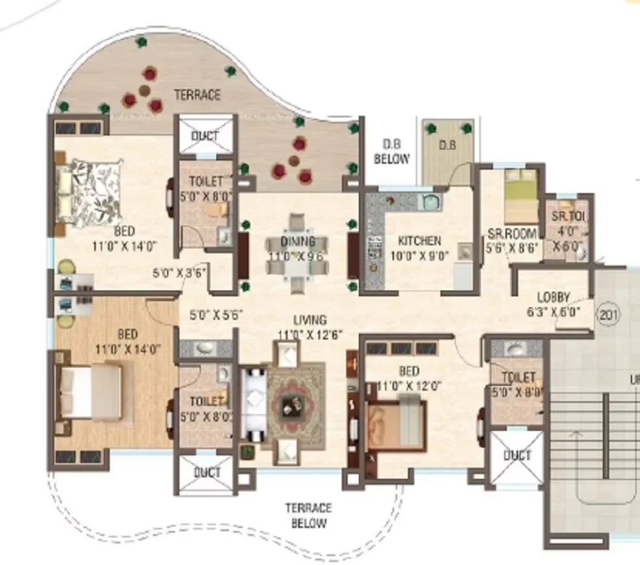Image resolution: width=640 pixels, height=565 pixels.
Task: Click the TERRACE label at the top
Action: point(197,95)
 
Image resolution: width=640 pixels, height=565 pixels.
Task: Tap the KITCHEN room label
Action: point(420,241)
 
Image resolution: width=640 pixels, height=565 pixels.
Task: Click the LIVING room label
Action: point(310,320)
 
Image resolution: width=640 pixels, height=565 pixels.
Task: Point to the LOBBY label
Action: point(548,297)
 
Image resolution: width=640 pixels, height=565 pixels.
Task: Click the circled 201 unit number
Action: point(608,316)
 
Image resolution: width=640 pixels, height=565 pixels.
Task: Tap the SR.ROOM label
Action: point(513,233)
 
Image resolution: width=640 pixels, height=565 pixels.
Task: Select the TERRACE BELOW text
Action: point(308,515)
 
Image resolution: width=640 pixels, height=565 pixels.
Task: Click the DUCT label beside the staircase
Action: point(517,455)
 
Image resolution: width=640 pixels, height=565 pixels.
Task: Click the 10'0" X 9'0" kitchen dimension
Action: point(420,255)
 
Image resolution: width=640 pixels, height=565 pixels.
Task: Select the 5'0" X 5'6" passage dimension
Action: point(215,315)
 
